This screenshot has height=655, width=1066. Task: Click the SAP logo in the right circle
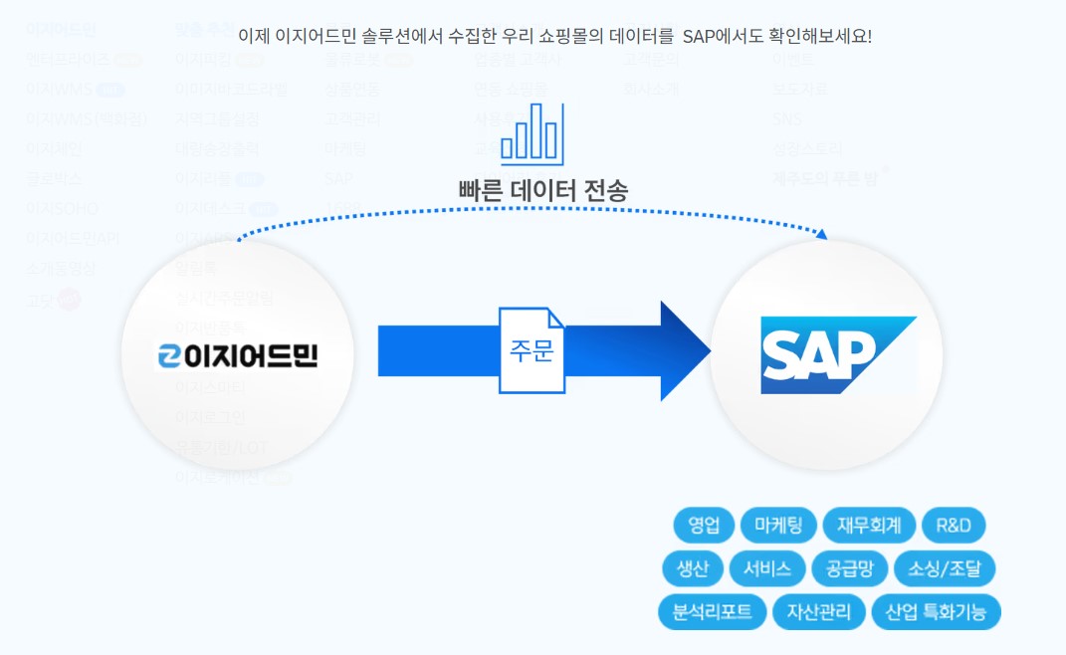tap(838, 354)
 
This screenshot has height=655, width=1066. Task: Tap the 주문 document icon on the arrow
tap(532, 350)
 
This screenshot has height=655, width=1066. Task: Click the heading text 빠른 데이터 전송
tap(543, 189)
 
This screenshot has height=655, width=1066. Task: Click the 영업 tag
tap(704, 525)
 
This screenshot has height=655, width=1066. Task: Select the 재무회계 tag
tap(868, 525)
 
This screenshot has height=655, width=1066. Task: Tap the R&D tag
tap(954, 525)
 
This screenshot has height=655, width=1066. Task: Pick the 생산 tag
tap(692, 568)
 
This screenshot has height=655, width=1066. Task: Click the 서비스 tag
tap(766, 568)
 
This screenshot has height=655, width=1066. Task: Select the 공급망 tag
tap(849, 568)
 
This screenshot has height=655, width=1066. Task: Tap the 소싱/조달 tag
tap(945, 568)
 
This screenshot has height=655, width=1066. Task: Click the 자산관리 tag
tap(818, 611)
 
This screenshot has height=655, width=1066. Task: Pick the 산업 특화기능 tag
tap(936, 611)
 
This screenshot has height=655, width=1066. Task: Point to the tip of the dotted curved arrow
tap(823, 235)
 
